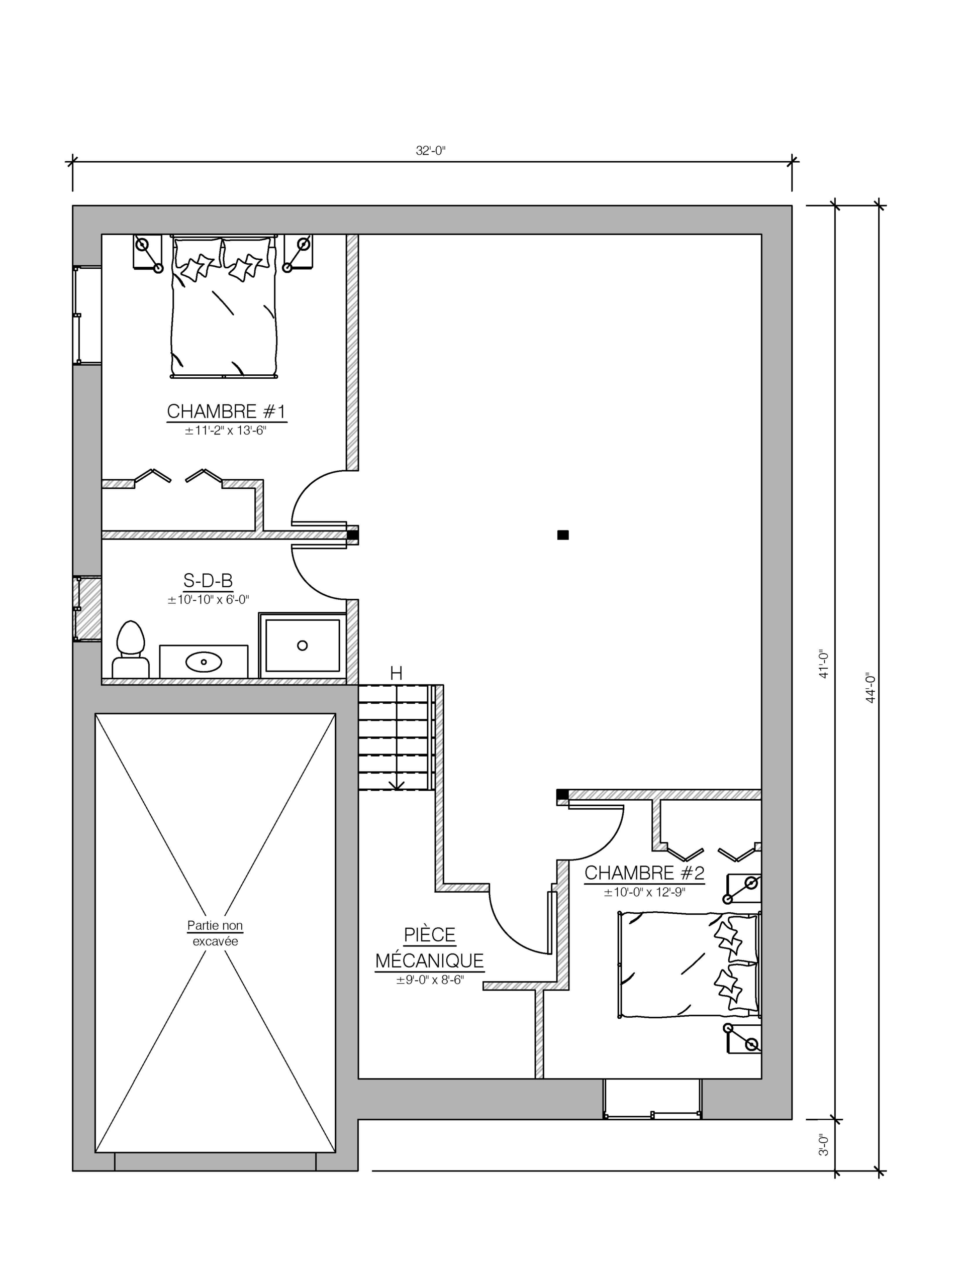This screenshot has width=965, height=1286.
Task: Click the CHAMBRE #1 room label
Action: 226,411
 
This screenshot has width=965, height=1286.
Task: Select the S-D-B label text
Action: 208,580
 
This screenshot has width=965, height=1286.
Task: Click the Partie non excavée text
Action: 215,932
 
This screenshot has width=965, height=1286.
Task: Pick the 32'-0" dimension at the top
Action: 430,151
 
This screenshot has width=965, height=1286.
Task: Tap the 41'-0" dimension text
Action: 824,664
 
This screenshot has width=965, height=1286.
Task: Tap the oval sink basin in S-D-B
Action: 204,662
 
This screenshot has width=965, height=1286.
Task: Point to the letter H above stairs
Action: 396,674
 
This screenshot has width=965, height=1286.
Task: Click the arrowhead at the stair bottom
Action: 396,786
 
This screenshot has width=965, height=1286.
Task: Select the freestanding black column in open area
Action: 562,535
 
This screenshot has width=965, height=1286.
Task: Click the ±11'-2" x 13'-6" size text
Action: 225,431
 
